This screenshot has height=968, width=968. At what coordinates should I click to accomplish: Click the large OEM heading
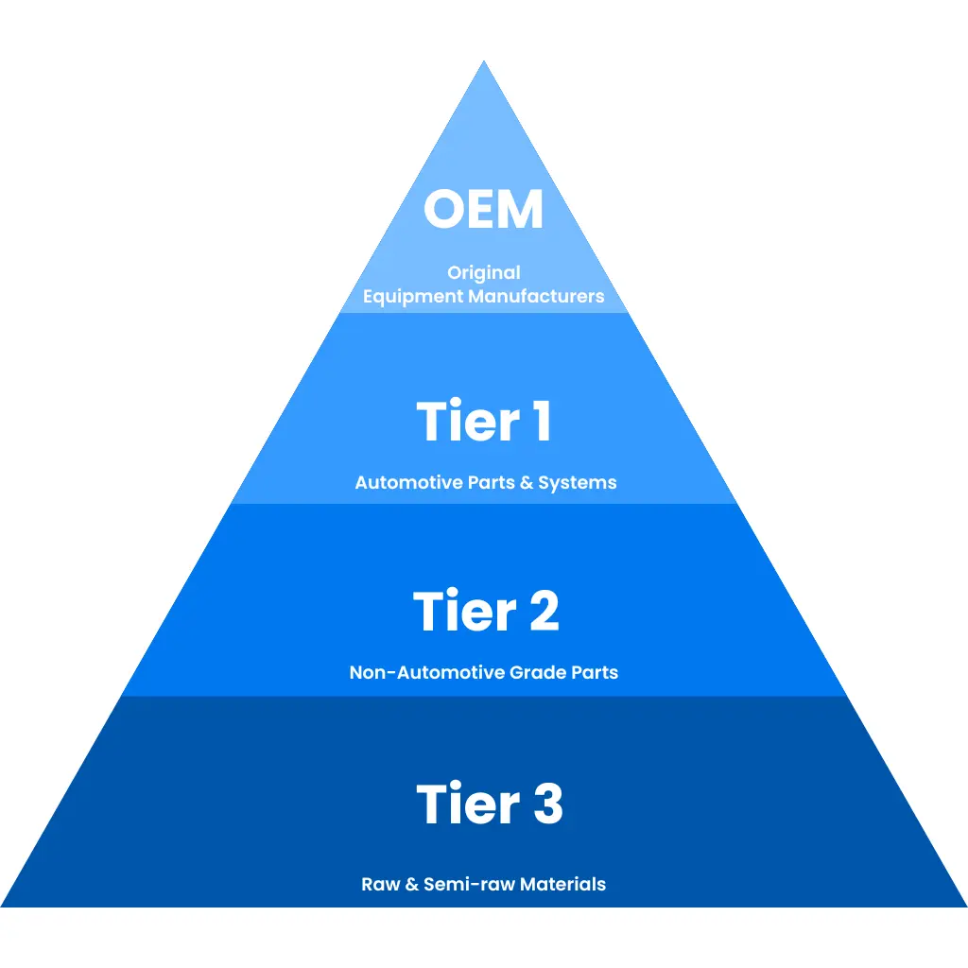click(x=483, y=209)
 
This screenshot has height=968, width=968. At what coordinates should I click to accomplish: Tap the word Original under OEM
click(x=484, y=273)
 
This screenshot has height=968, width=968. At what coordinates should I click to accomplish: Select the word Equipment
click(x=413, y=297)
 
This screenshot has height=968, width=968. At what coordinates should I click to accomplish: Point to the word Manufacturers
click(x=536, y=296)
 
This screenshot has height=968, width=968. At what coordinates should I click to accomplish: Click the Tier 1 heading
click(x=483, y=421)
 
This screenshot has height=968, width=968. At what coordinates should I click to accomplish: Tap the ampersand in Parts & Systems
click(x=526, y=482)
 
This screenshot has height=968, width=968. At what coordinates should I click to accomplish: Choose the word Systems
click(x=578, y=483)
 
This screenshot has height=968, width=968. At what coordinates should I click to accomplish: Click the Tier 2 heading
click(x=486, y=611)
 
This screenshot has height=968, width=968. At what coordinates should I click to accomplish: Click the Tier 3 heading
click(x=490, y=803)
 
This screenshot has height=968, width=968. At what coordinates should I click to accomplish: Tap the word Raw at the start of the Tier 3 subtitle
click(x=380, y=884)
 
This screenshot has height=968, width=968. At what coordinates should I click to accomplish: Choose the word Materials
click(x=562, y=884)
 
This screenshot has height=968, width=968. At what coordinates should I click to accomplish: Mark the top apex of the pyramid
click(x=484, y=60)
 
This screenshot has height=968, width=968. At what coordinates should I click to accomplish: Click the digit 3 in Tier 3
click(x=548, y=803)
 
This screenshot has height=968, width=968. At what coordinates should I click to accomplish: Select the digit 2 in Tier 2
click(x=544, y=611)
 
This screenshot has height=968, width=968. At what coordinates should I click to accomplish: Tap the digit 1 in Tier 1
click(x=542, y=421)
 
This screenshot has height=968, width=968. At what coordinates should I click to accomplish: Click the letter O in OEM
click(x=444, y=209)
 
